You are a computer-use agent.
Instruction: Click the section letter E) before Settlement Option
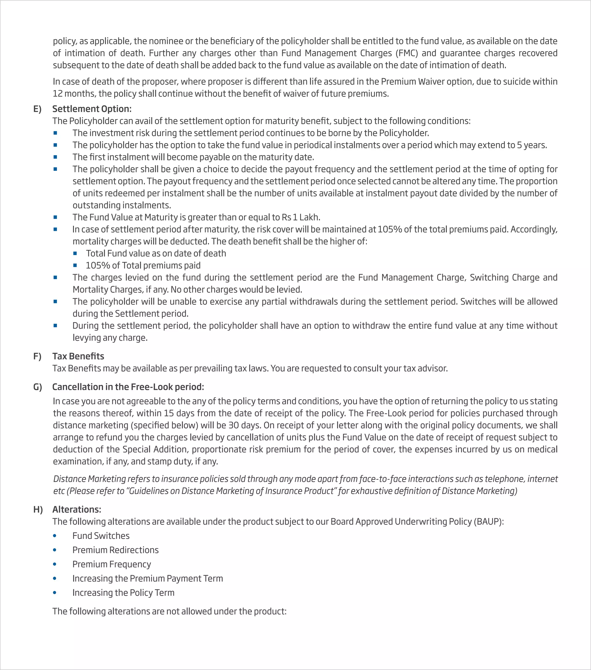pos(37,109)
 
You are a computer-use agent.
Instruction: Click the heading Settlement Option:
pos(92,109)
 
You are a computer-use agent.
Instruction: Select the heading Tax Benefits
pos(78,356)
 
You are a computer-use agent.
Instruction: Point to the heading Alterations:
pos(77,509)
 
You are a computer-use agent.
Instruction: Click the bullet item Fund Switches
pos(101,536)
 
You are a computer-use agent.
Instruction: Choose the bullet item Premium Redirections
pos(115,550)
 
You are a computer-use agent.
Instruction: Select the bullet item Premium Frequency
pos(111,564)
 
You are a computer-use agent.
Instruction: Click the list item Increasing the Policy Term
pos(123,593)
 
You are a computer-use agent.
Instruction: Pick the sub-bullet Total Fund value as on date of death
pos(156,253)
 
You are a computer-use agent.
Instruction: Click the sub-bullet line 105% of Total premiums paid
pos(143,265)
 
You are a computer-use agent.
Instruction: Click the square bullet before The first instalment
pos(55,157)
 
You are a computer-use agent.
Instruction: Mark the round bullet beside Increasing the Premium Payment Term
pos(55,579)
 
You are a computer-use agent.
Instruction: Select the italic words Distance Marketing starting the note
pos(89,479)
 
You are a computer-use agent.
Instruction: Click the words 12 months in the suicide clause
pos(74,94)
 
